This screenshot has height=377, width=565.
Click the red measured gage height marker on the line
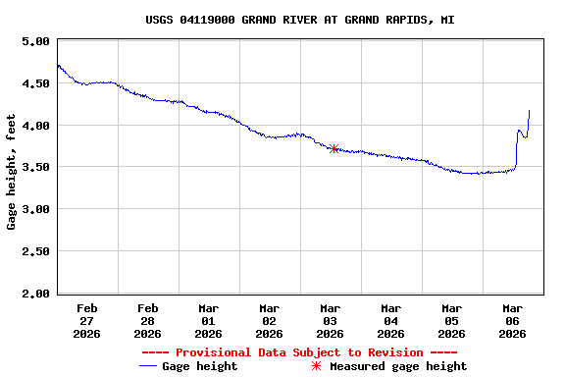tap(334, 149)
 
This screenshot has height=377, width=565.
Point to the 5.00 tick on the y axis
tap(35, 42)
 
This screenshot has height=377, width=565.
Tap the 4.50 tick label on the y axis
tap(35, 84)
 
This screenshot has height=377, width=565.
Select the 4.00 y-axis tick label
tap(35, 126)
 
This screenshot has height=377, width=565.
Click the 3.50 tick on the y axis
tap(35, 168)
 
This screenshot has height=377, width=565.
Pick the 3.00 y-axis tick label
tap(35, 210)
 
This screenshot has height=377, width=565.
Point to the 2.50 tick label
tap(35, 252)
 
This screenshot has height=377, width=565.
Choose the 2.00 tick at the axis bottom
tap(35, 294)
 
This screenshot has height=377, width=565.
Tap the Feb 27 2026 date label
tap(87, 320)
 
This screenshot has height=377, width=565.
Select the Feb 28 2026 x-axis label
tap(148, 320)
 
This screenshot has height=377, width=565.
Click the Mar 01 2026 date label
tap(209, 320)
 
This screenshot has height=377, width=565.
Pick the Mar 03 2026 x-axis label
tap(331, 320)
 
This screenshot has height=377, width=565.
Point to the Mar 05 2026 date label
tap(452, 320)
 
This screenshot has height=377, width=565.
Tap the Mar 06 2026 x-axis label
tap(513, 320)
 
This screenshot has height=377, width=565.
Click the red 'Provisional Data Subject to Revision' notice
tap(299, 352)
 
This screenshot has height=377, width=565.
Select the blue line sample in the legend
tap(149, 366)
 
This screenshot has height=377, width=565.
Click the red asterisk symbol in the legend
tap(316, 366)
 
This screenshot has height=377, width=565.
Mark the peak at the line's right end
tap(529, 111)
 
